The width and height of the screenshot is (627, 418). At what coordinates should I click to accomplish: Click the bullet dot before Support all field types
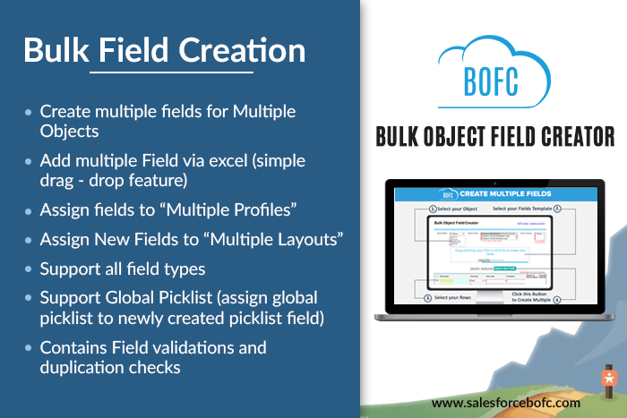click(x=29, y=269)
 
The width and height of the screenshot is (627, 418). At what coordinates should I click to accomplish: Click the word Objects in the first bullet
click(x=69, y=131)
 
